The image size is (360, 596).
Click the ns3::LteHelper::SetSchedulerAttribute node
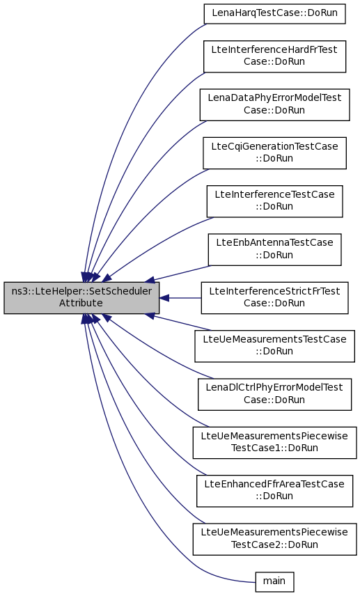coord(81,297)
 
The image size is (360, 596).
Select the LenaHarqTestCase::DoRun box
coord(274,14)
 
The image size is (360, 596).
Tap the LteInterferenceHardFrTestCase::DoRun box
coord(274,56)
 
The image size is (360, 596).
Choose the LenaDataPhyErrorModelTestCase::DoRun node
coord(274,104)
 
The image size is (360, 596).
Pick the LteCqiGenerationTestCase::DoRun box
coord(274,152)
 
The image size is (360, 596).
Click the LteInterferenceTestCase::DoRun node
coord(274,201)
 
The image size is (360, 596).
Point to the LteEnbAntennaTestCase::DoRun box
coord(274,249)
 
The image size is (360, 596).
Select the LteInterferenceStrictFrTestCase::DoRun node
coord(274,297)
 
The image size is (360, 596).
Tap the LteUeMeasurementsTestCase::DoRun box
coord(274,346)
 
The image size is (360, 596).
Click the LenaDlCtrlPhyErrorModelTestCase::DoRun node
coord(274,394)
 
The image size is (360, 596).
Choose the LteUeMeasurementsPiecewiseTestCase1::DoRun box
coord(274,442)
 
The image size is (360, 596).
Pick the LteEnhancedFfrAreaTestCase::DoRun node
coord(274,491)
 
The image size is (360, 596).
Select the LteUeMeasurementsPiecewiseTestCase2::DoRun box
coord(274,539)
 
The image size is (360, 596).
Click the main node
coord(274,581)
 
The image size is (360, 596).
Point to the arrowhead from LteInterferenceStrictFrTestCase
coord(164,298)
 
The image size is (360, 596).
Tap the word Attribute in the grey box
coord(81,304)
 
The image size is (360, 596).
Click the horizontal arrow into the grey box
coord(180,298)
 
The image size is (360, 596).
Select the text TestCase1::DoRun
coord(274,448)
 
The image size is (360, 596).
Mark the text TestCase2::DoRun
coord(274,544)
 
